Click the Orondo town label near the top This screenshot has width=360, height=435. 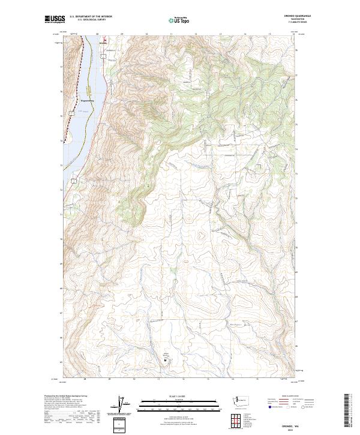click(102, 43)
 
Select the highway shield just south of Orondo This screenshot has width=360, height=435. click(103, 56)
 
